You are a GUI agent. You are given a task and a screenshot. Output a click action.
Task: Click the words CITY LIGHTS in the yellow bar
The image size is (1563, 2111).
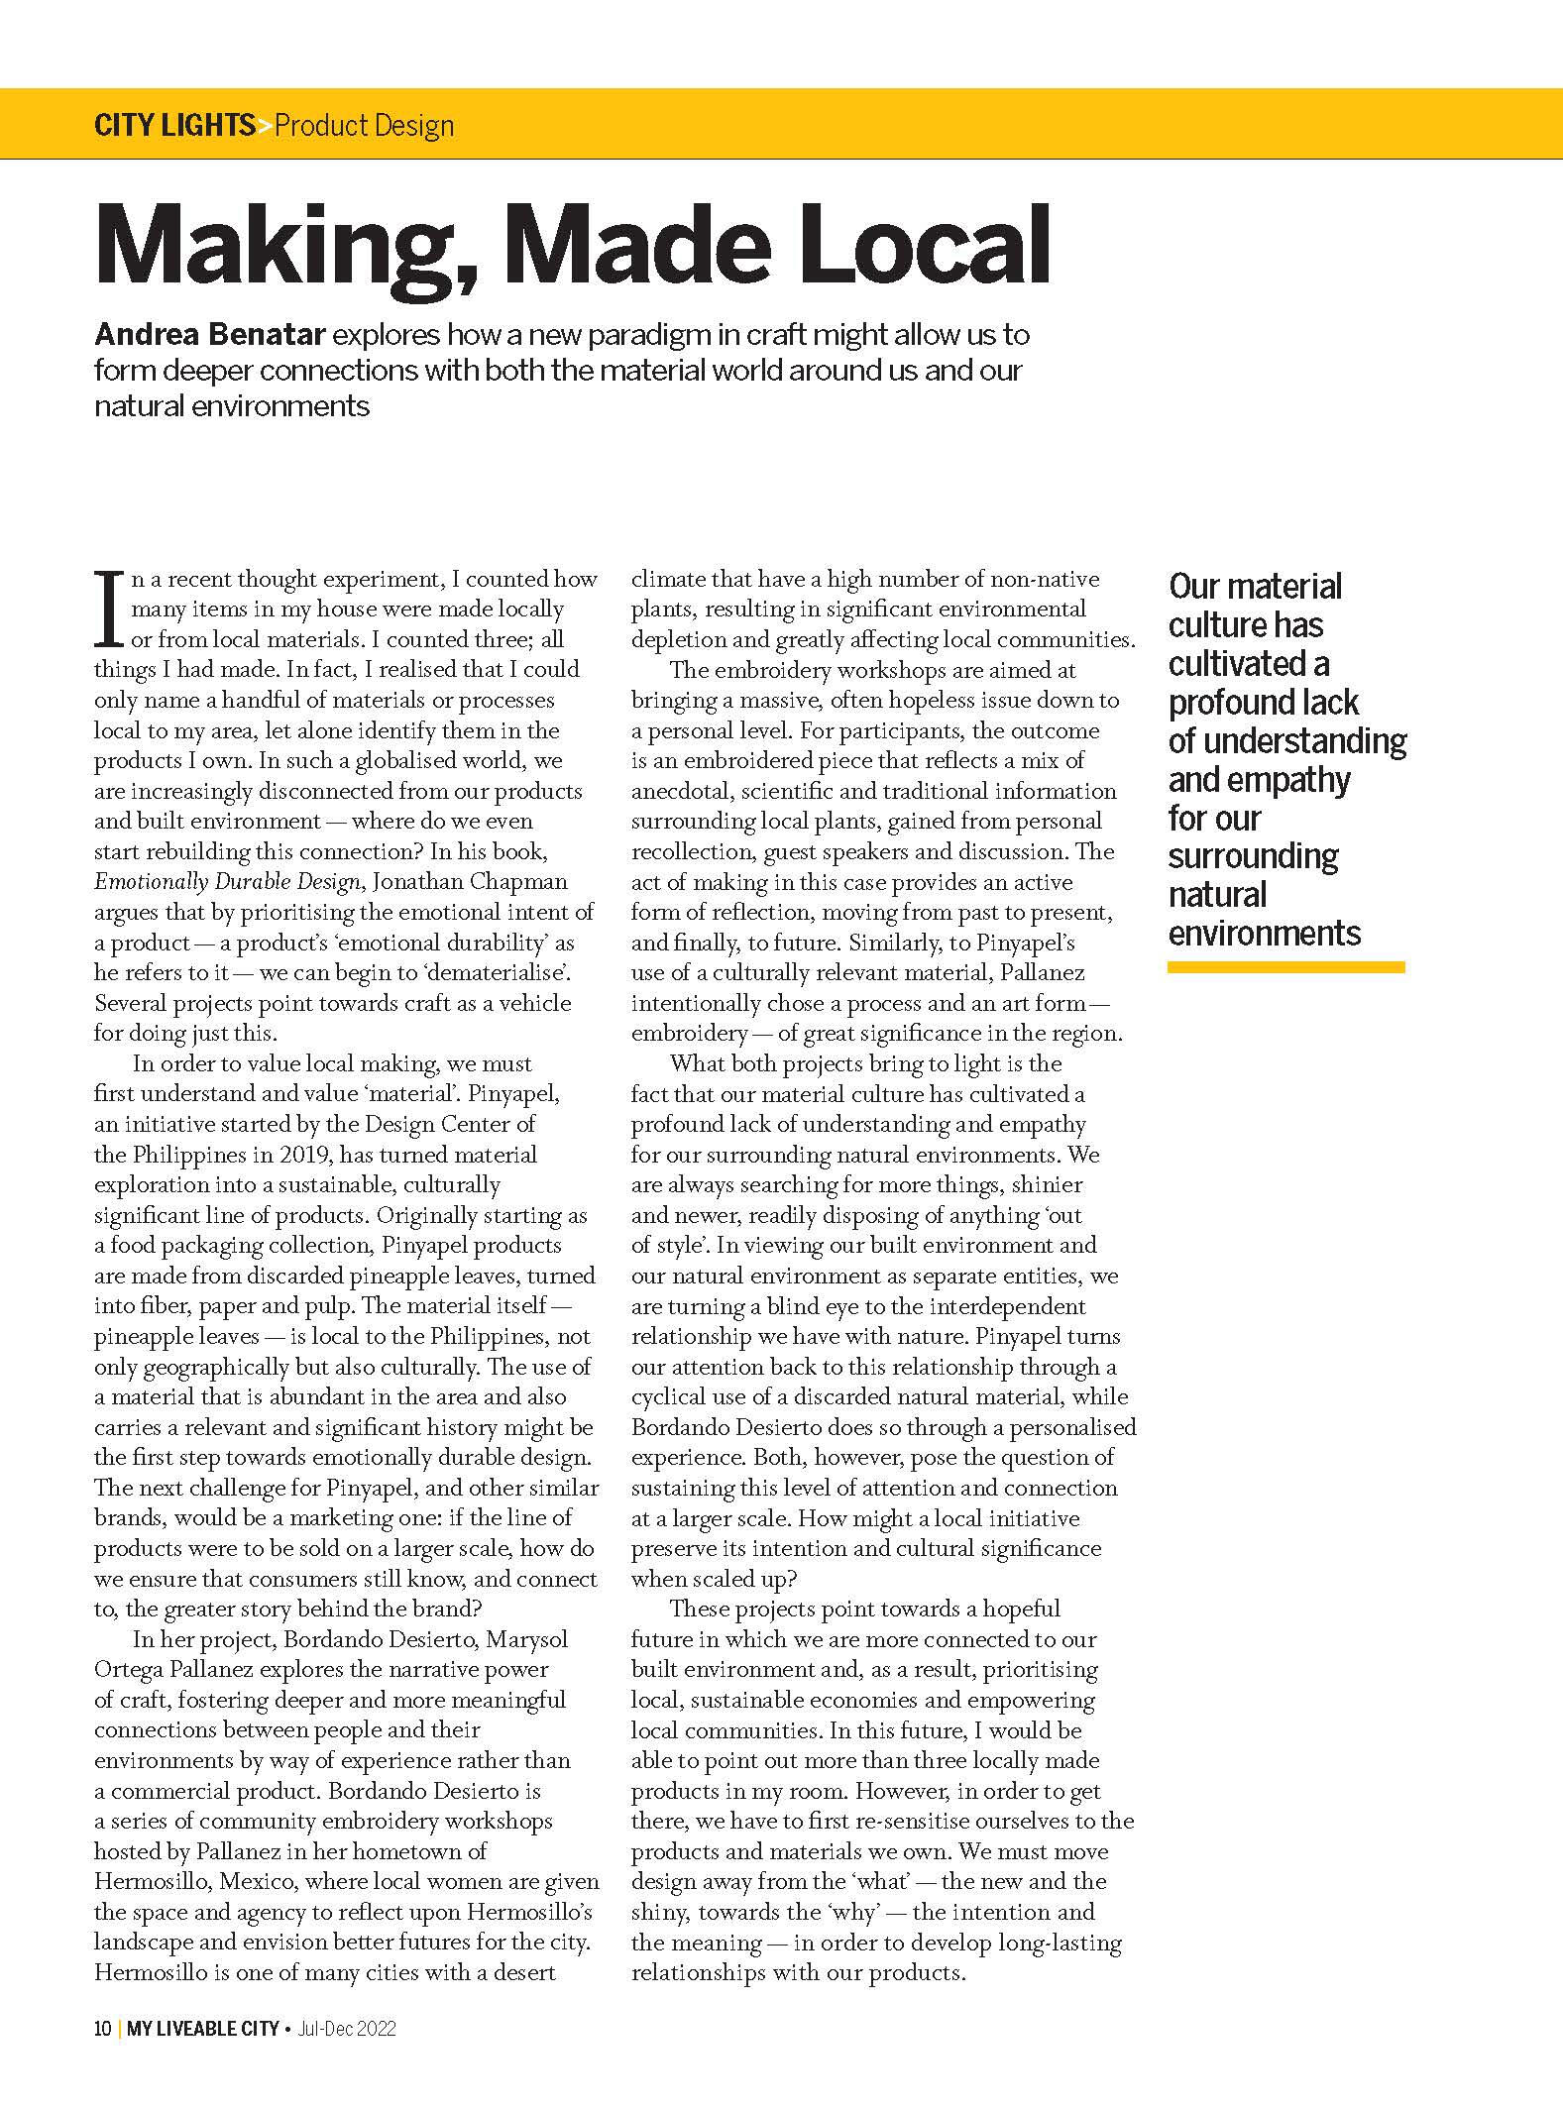click(x=174, y=126)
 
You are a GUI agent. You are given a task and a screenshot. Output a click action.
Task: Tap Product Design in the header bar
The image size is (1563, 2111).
click(x=364, y=126)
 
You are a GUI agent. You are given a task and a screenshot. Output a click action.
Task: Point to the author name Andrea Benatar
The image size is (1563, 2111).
click(x=209, y=335)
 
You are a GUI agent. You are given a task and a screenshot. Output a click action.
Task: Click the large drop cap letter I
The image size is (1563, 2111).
click(x=111, y=607)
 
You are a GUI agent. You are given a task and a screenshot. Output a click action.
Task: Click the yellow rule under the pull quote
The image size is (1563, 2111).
click(x=1285, y=967)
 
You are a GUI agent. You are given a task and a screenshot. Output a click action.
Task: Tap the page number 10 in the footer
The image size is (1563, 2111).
click(x=102, y=2029)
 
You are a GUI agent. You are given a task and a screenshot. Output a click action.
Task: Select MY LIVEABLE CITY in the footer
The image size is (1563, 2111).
click(x=203, y=2029)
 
